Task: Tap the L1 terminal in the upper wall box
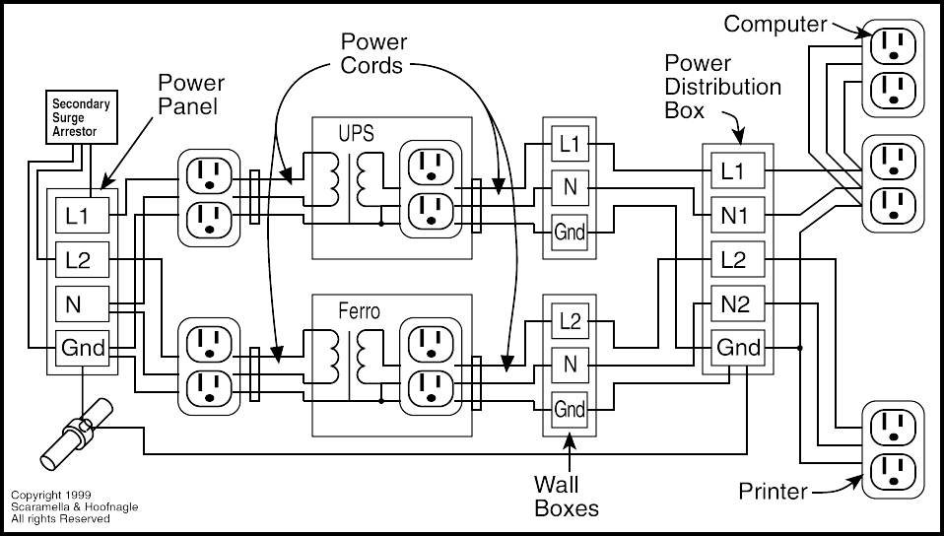point(570,143)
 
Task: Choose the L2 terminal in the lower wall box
point(570,320)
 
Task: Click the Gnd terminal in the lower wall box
point(570,408)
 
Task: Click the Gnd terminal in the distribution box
point(739,348)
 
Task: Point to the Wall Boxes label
point(566,496)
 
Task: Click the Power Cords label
point(373,54)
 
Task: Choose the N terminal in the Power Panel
point(75,303)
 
